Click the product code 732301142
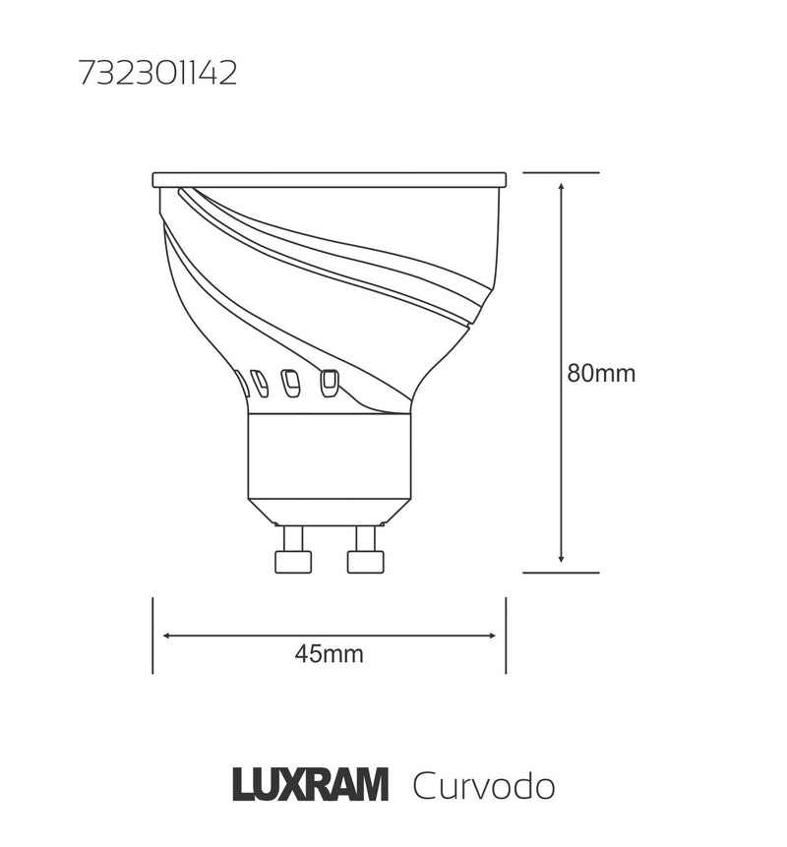click(157, 76)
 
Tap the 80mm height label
click(601, 374)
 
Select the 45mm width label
click(329, 654)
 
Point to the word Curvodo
click(483, 787)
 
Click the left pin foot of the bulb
click(292, 561)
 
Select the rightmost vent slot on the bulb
click(329, 382)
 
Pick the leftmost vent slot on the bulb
click(242, 383)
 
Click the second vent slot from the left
click(260, 383)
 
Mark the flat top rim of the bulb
click(329, 180)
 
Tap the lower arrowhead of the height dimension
click(561, 560)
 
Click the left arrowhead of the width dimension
click(167, 635)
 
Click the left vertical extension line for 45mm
click(152, 635)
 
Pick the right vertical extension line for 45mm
click(506, 635)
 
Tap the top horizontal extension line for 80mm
click(561, 172)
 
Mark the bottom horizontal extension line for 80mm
click(561, 573)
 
